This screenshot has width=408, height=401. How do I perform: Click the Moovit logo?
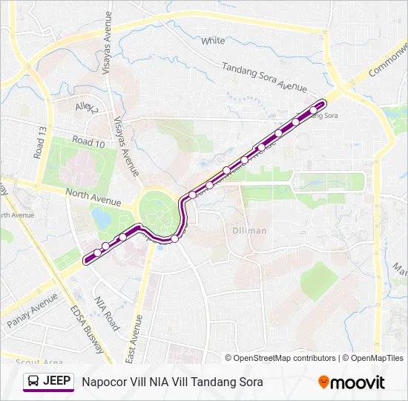pyautogui.click(x=352, y=382)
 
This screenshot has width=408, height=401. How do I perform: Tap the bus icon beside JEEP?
pyautogui.click(x=33, y=382)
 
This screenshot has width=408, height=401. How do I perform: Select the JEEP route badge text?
pyautogui.click(x=57, y=382)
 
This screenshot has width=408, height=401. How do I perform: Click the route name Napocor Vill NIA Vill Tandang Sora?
pyautogui.click(x=172, y=382)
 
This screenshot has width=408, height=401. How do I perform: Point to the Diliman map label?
pyautogui.click(x=249, y=230)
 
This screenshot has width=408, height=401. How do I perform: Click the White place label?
pyautogui.click(x=213, y=41)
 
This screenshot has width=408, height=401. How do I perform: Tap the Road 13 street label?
pyautogui.click(x=39, y=142)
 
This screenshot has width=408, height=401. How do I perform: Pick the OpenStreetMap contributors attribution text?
pyautogui.click(x=286, y=358)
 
